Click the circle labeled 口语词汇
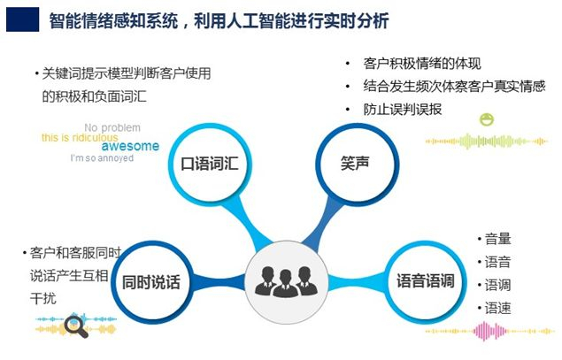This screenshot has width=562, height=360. point(210,165)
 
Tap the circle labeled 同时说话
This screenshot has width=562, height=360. point(150,282)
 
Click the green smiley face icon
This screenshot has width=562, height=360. point(486,119)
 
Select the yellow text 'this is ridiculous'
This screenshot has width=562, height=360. point(78,138)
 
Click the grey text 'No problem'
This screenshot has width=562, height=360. point(113,127)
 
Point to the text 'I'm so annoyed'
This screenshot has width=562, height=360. point(102,158)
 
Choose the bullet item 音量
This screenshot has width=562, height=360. point(497,239)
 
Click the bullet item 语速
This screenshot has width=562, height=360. point(497,308)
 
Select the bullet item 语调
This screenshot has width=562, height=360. point(497,285)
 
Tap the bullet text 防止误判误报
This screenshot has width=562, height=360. point(403,109)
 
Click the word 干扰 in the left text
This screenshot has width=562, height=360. point(43,299)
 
